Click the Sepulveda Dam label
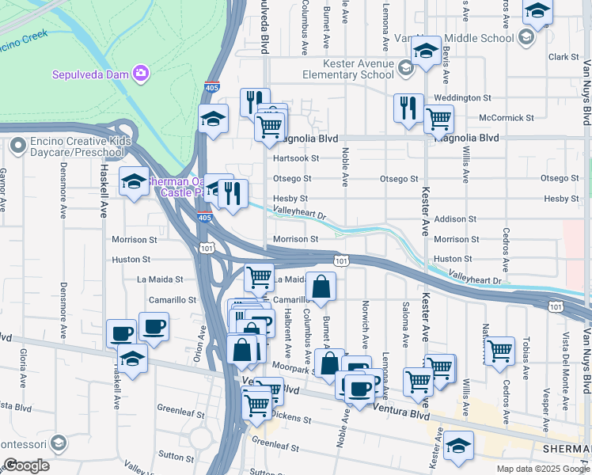(x=90, y=74)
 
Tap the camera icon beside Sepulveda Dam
(x=141, y=74)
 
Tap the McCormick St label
(x=507, y=118)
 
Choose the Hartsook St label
(x=295, y=158)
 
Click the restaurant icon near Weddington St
(x=408, y=107)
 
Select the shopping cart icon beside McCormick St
(x=438, y=119)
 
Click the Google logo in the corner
(x=26, y=465)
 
